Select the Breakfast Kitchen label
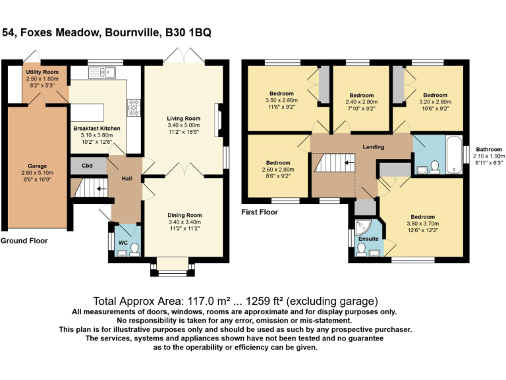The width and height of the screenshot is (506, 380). coord(96,127)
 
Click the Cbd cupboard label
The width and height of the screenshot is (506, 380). coord(87,165)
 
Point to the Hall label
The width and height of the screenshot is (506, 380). coord(128,178)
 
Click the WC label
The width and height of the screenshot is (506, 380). coord(123,243)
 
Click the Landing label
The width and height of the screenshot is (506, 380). coord(373,146)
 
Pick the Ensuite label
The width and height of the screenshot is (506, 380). coord(368,239)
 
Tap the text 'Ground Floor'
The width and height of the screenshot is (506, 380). coord(24,241)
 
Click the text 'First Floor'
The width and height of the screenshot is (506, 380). coord(260,212)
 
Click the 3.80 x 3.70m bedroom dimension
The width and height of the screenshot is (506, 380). coord(422,224)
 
